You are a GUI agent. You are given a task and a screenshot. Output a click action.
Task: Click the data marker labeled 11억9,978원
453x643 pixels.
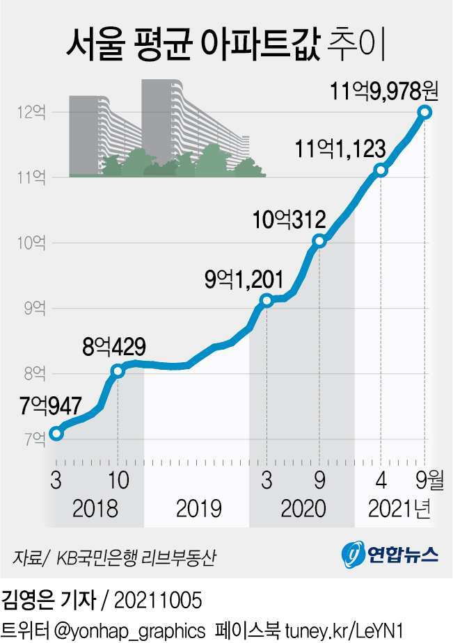[x=424, y=112]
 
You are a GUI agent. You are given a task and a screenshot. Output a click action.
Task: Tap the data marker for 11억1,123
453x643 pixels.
[x=380, y=170]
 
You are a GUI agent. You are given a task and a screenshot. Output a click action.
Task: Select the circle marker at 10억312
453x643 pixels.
[x=319, y=241]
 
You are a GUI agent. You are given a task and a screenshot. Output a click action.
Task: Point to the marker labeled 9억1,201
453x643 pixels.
[x=266, y=300]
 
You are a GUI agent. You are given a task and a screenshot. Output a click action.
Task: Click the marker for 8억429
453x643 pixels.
[x=118, y=371]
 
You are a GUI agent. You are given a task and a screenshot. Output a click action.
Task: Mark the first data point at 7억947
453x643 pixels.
[x=56, y=434]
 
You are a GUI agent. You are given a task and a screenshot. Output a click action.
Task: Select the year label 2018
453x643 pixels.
[x=95, y=508]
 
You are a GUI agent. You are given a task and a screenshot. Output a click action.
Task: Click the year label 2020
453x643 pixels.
[x=303, y=508]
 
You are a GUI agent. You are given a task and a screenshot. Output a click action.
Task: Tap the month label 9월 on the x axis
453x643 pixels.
[x=427, y=479]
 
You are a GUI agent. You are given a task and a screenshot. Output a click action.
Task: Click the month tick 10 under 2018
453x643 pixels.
[x=118, y=479]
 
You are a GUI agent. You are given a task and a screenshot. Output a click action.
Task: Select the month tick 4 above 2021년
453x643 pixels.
[x=381, y=479]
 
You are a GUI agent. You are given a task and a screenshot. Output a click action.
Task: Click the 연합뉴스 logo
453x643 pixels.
[x=390, y=553]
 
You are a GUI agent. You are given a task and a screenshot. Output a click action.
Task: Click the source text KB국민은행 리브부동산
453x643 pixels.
[x=136, y=557]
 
